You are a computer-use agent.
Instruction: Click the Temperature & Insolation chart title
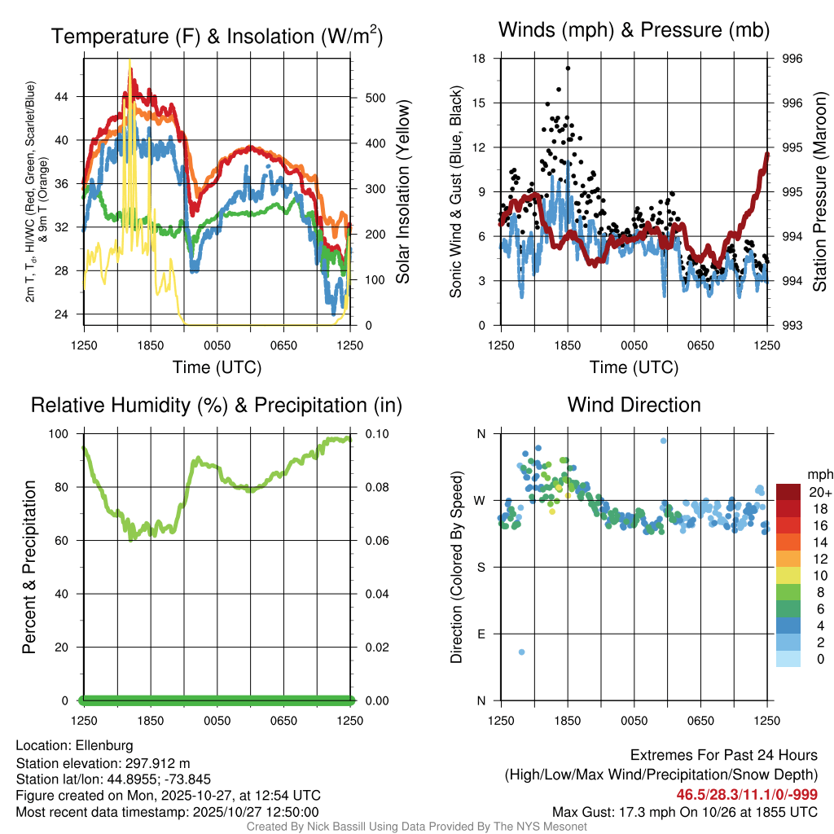(x=217, y=37)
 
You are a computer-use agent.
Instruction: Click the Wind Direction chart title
(x=634, y=405)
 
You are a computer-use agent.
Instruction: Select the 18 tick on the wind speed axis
(x=479, y=59)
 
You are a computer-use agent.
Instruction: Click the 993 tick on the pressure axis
(x=792, y=326)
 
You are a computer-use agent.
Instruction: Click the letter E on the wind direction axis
(x=480, y=634)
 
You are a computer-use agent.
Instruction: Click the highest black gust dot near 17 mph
(x=568, y=68)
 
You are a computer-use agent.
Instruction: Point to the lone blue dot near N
(x=664, y=441)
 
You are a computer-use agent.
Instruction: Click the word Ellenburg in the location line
(x=104, y=745)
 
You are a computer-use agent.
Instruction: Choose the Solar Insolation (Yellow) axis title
(x=402, y=192)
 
